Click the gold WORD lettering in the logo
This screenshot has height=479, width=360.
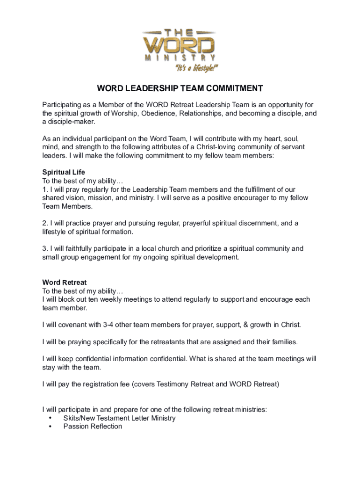tap(180, 45)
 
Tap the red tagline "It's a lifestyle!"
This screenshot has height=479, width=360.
tap(196, 68)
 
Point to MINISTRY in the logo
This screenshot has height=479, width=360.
tap(180, 58)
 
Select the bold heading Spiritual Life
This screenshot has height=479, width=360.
tap(64, 172)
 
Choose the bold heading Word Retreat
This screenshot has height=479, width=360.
tap(65, 283)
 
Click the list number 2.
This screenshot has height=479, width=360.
tap(44, 223)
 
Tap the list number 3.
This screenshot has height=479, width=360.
tap(44, 248)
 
